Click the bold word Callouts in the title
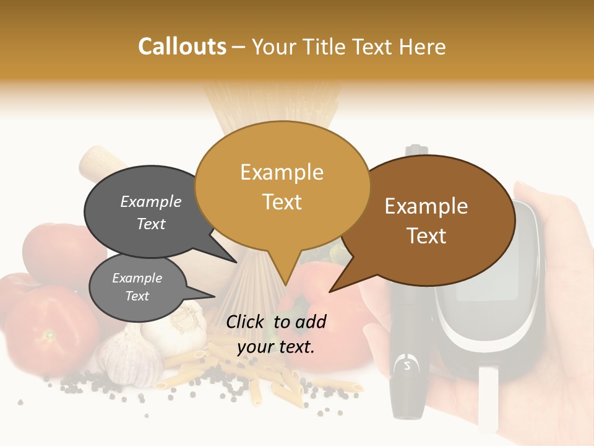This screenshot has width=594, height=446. [182, 46]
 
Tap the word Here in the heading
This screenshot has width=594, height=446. [423, 46]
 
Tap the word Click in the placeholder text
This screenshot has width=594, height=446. [246, 321]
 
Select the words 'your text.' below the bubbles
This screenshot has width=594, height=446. [276, 347]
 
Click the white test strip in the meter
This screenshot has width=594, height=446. [488, 396]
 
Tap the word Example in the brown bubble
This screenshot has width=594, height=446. [426, 206]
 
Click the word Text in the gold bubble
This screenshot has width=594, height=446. [282, 202]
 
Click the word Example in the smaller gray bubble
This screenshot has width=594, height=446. [137, 278]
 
